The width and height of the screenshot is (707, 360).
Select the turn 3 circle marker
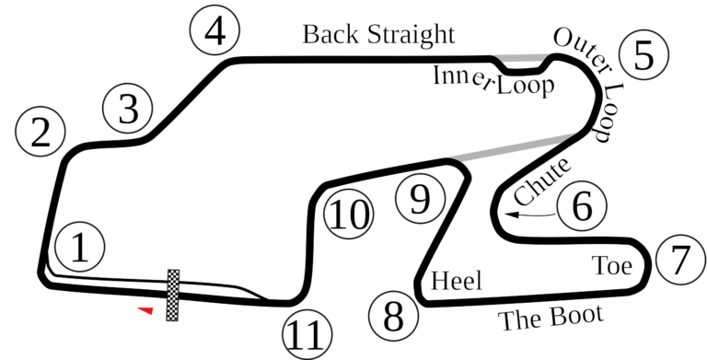(128, 109)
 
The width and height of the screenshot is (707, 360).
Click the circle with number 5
(643, 54)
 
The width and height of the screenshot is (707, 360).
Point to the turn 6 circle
(582, 206)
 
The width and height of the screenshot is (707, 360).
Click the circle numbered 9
(419, 197)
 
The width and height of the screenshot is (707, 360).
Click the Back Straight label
(379, 35)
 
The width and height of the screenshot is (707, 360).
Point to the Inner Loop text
(493, 81)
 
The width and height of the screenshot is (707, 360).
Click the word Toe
(612, 266)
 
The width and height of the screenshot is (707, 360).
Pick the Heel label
(457, 280)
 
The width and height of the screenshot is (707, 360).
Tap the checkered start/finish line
(172, 296)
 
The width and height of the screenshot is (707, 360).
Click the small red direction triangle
(144, 310)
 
